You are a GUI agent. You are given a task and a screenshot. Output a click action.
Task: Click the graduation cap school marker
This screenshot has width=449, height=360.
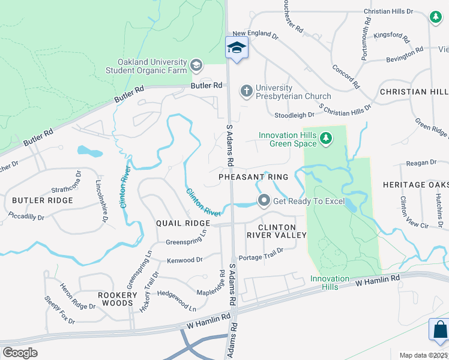point(237,47)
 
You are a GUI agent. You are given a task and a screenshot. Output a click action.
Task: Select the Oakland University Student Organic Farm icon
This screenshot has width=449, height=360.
point(196,65)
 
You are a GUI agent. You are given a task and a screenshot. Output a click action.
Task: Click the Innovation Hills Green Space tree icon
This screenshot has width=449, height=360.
point(325,139)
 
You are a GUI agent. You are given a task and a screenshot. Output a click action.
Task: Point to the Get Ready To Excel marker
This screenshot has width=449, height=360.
point(263,200)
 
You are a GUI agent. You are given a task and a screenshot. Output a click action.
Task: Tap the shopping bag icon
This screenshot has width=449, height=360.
point(440,329)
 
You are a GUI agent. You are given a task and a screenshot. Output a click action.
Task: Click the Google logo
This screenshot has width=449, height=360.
point(20,353)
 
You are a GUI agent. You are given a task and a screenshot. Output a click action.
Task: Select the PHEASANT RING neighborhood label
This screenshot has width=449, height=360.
point(253,177)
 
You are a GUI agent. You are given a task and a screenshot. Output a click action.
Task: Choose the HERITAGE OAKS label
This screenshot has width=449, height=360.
point(415,184)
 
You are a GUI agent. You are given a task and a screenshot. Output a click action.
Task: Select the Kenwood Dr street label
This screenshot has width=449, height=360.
point(185,260)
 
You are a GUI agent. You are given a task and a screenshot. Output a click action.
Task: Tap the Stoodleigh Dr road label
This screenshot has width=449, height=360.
point(294,115)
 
